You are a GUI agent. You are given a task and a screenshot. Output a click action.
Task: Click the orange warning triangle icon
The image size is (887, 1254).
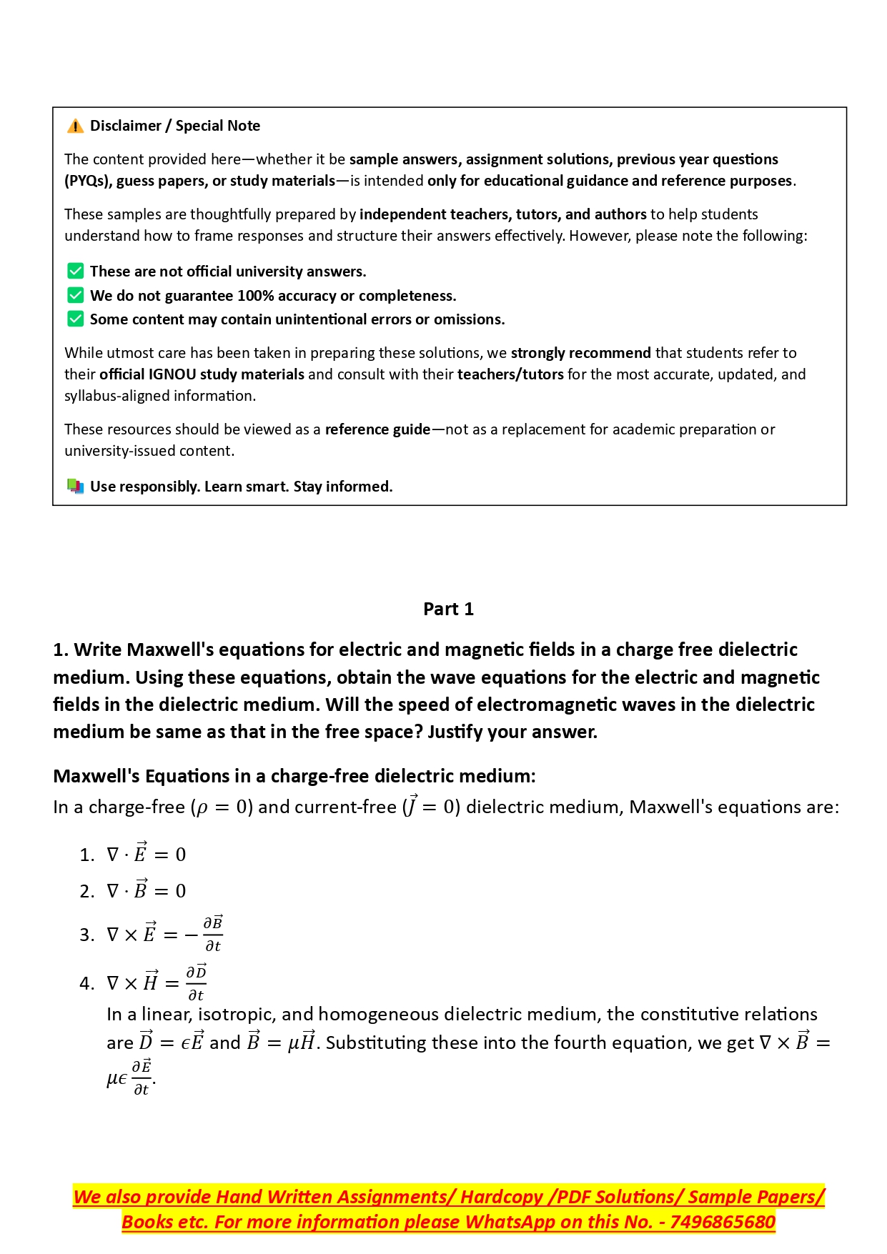point(75,126)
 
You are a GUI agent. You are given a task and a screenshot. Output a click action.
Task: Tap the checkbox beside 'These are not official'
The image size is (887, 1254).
point(75,271)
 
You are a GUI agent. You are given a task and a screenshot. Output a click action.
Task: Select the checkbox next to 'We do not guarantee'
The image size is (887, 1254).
point(75,295)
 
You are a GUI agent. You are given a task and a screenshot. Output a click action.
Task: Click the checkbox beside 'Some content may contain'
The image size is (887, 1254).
point(75,319)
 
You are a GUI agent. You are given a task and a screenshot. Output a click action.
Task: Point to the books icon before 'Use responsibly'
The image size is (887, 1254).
point(75,487)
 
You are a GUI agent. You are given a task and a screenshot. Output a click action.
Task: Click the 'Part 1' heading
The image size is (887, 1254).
point(448,609)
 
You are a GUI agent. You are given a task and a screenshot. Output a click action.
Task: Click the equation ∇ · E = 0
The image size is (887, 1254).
point(146,854)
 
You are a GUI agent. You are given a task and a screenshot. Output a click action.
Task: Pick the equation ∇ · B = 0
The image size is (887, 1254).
point(146,890)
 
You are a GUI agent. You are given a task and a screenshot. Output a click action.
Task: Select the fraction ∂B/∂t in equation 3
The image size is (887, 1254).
point(213,934)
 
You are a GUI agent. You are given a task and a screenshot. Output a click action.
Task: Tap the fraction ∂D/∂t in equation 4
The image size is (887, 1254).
point(196,983)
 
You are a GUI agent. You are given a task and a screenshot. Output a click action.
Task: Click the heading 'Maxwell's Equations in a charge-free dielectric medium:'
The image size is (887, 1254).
point(294,776)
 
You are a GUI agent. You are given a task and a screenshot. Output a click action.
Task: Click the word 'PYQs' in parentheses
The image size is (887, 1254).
point(86,181)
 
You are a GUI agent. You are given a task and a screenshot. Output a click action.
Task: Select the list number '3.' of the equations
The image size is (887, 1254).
point(86,935)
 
